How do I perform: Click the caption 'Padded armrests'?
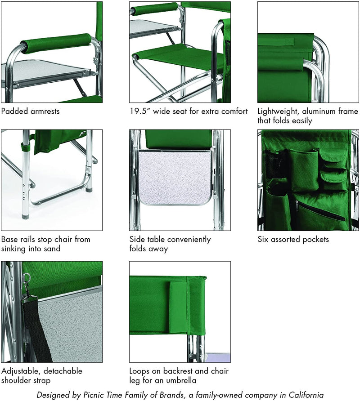[x=30, y=111]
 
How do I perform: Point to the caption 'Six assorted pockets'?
[x=293, y=239]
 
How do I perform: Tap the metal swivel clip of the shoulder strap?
[x=26, y=282]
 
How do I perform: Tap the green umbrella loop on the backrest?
[x=179, y=307]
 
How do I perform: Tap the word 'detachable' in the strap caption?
[x=63, y=371]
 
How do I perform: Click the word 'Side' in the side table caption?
[x=137, y=239]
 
